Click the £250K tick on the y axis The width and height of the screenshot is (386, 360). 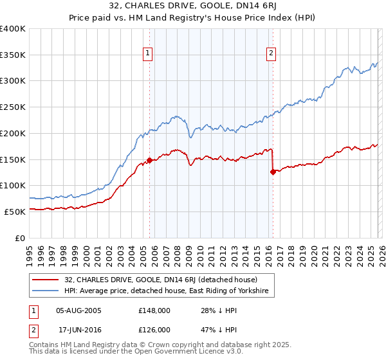(x=13, y=107)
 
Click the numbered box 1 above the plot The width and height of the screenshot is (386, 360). (x=149, y=53)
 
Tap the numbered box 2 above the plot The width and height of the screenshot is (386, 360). (x=271, y=53)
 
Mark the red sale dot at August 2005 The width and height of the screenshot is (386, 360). (x=149, y=160)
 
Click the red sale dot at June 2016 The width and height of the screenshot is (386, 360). (x=273, y=172)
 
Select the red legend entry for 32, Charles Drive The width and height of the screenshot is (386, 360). (x=161, y=280)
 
